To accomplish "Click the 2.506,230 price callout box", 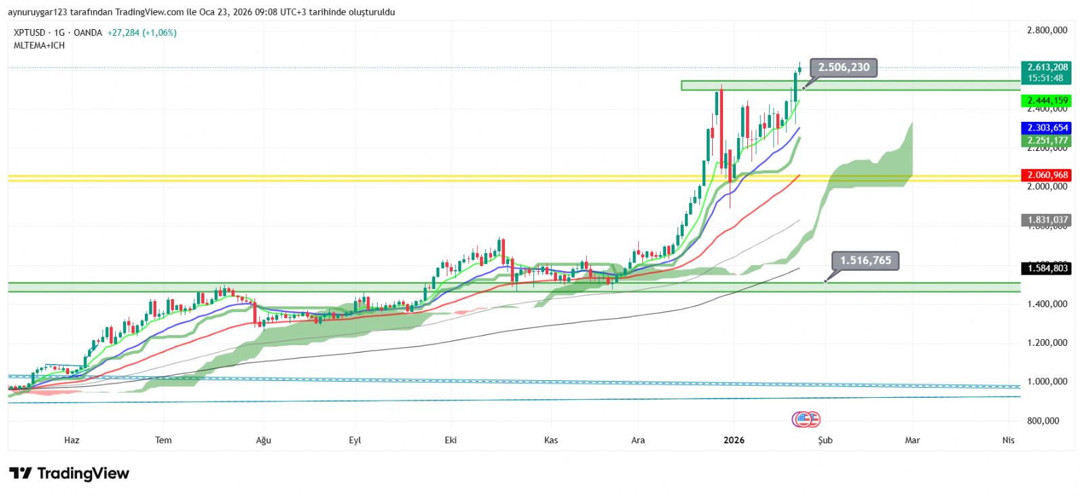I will pyautogui.click(x=843, y=67).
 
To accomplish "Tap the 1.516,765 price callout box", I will pyautogui.click(x=865, y=261).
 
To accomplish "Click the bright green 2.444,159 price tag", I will pyautogui.click(x=1047, y=101).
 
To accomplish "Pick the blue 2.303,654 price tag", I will pyautogui.click(x=1047, y=128).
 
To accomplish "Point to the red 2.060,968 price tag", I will pyautogui.click(x=1047, y=175).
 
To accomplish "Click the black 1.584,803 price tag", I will pyautogui.click(x=1047, y=269).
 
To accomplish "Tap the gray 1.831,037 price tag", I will pyautogui.click(x=1047, y=220).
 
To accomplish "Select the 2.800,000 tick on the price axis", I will pyautogui.click(x=1046, y=30).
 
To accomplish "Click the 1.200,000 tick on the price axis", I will pyautogui.click(x=1046, y=343).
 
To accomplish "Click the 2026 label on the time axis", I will pyautogui.click(x=734, y=441).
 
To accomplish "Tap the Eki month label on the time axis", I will pyautogui.click(x=451, y=441).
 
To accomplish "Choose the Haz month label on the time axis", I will pyautogui.click(x=72, y=441).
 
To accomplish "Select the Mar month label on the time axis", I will pyautogui.click(x=912, y=441).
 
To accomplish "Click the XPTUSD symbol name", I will pyautogui.click(x=30, y=32).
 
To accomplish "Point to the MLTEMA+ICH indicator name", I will pyautogui.click(x=39, y=45).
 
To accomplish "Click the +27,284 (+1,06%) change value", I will pyautogui.click(x=141, y=32).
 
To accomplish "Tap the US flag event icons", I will pyautogui.click(x=806, y=420).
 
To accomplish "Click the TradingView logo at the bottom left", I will pyautogui.click(x=69, y=473).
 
